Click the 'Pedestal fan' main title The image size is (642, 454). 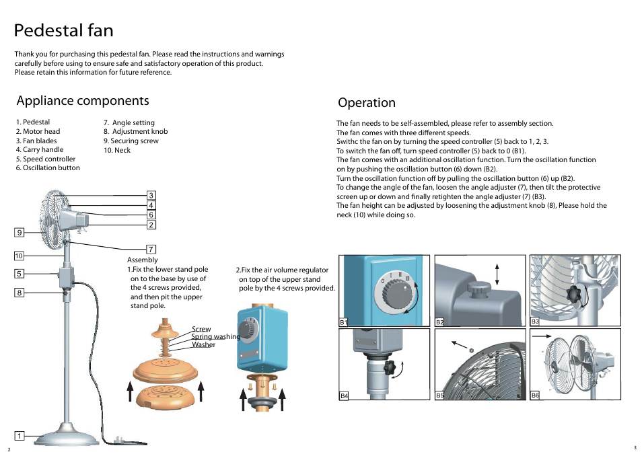coord(64,31)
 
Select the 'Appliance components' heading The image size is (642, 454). coord(83,101)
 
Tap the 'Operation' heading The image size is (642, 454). coord(367,103)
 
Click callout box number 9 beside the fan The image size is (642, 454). coord(20,233)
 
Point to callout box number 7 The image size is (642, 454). coord(151,249)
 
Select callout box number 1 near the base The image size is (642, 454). coord(20,436)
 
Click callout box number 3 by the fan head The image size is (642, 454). coord(151,196)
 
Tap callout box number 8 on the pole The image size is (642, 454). coord(20,293)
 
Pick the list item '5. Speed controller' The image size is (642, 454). coord(46,159)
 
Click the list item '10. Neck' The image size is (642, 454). coord(116,151)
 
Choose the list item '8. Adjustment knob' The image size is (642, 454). coord(135,132)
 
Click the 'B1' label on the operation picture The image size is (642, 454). coord(343,322)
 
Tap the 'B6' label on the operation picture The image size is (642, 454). coord(535,395)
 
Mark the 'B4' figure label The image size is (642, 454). coord(344,396)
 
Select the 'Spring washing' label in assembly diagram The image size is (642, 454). coord(215,336)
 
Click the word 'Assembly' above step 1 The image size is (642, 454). coord(143,260)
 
